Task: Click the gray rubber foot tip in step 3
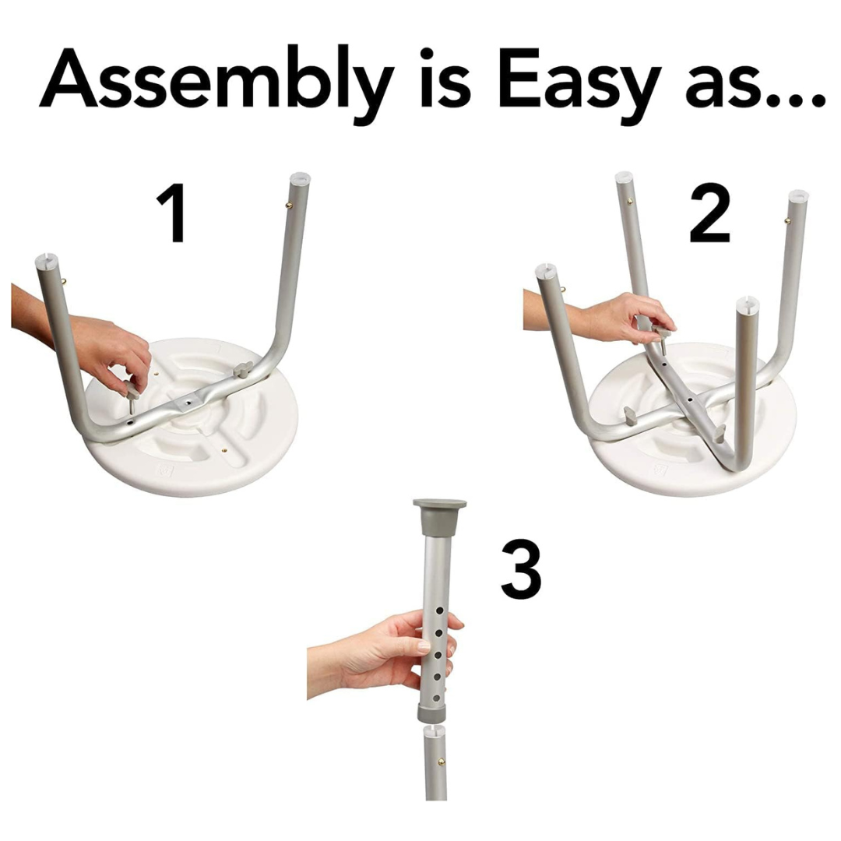pos(439,516)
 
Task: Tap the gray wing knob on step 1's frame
pos(243,369)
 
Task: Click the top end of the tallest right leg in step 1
pos(300,180)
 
